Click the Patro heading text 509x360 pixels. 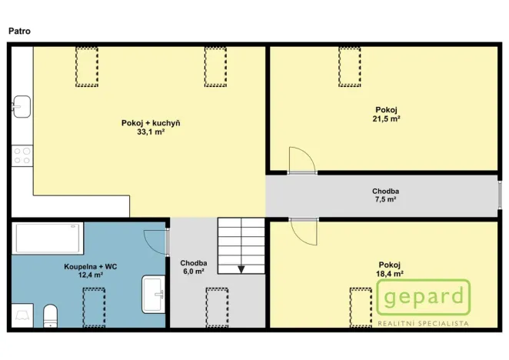pos(19,31)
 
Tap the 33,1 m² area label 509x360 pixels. pos(150,132)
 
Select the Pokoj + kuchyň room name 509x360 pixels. pos(150,123)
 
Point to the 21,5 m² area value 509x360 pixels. pos(388,118)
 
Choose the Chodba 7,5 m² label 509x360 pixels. pos(385,195)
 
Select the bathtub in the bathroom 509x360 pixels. pos(48,238)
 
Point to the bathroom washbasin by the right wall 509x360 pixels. pos(154,295)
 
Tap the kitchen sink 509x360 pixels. pos(21,104)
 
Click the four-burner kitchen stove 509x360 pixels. pos(22,156)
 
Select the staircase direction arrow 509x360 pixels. pos(241,268)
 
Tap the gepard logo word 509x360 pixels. pos(424,297)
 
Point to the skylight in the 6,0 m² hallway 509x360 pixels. pos(217,304)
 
